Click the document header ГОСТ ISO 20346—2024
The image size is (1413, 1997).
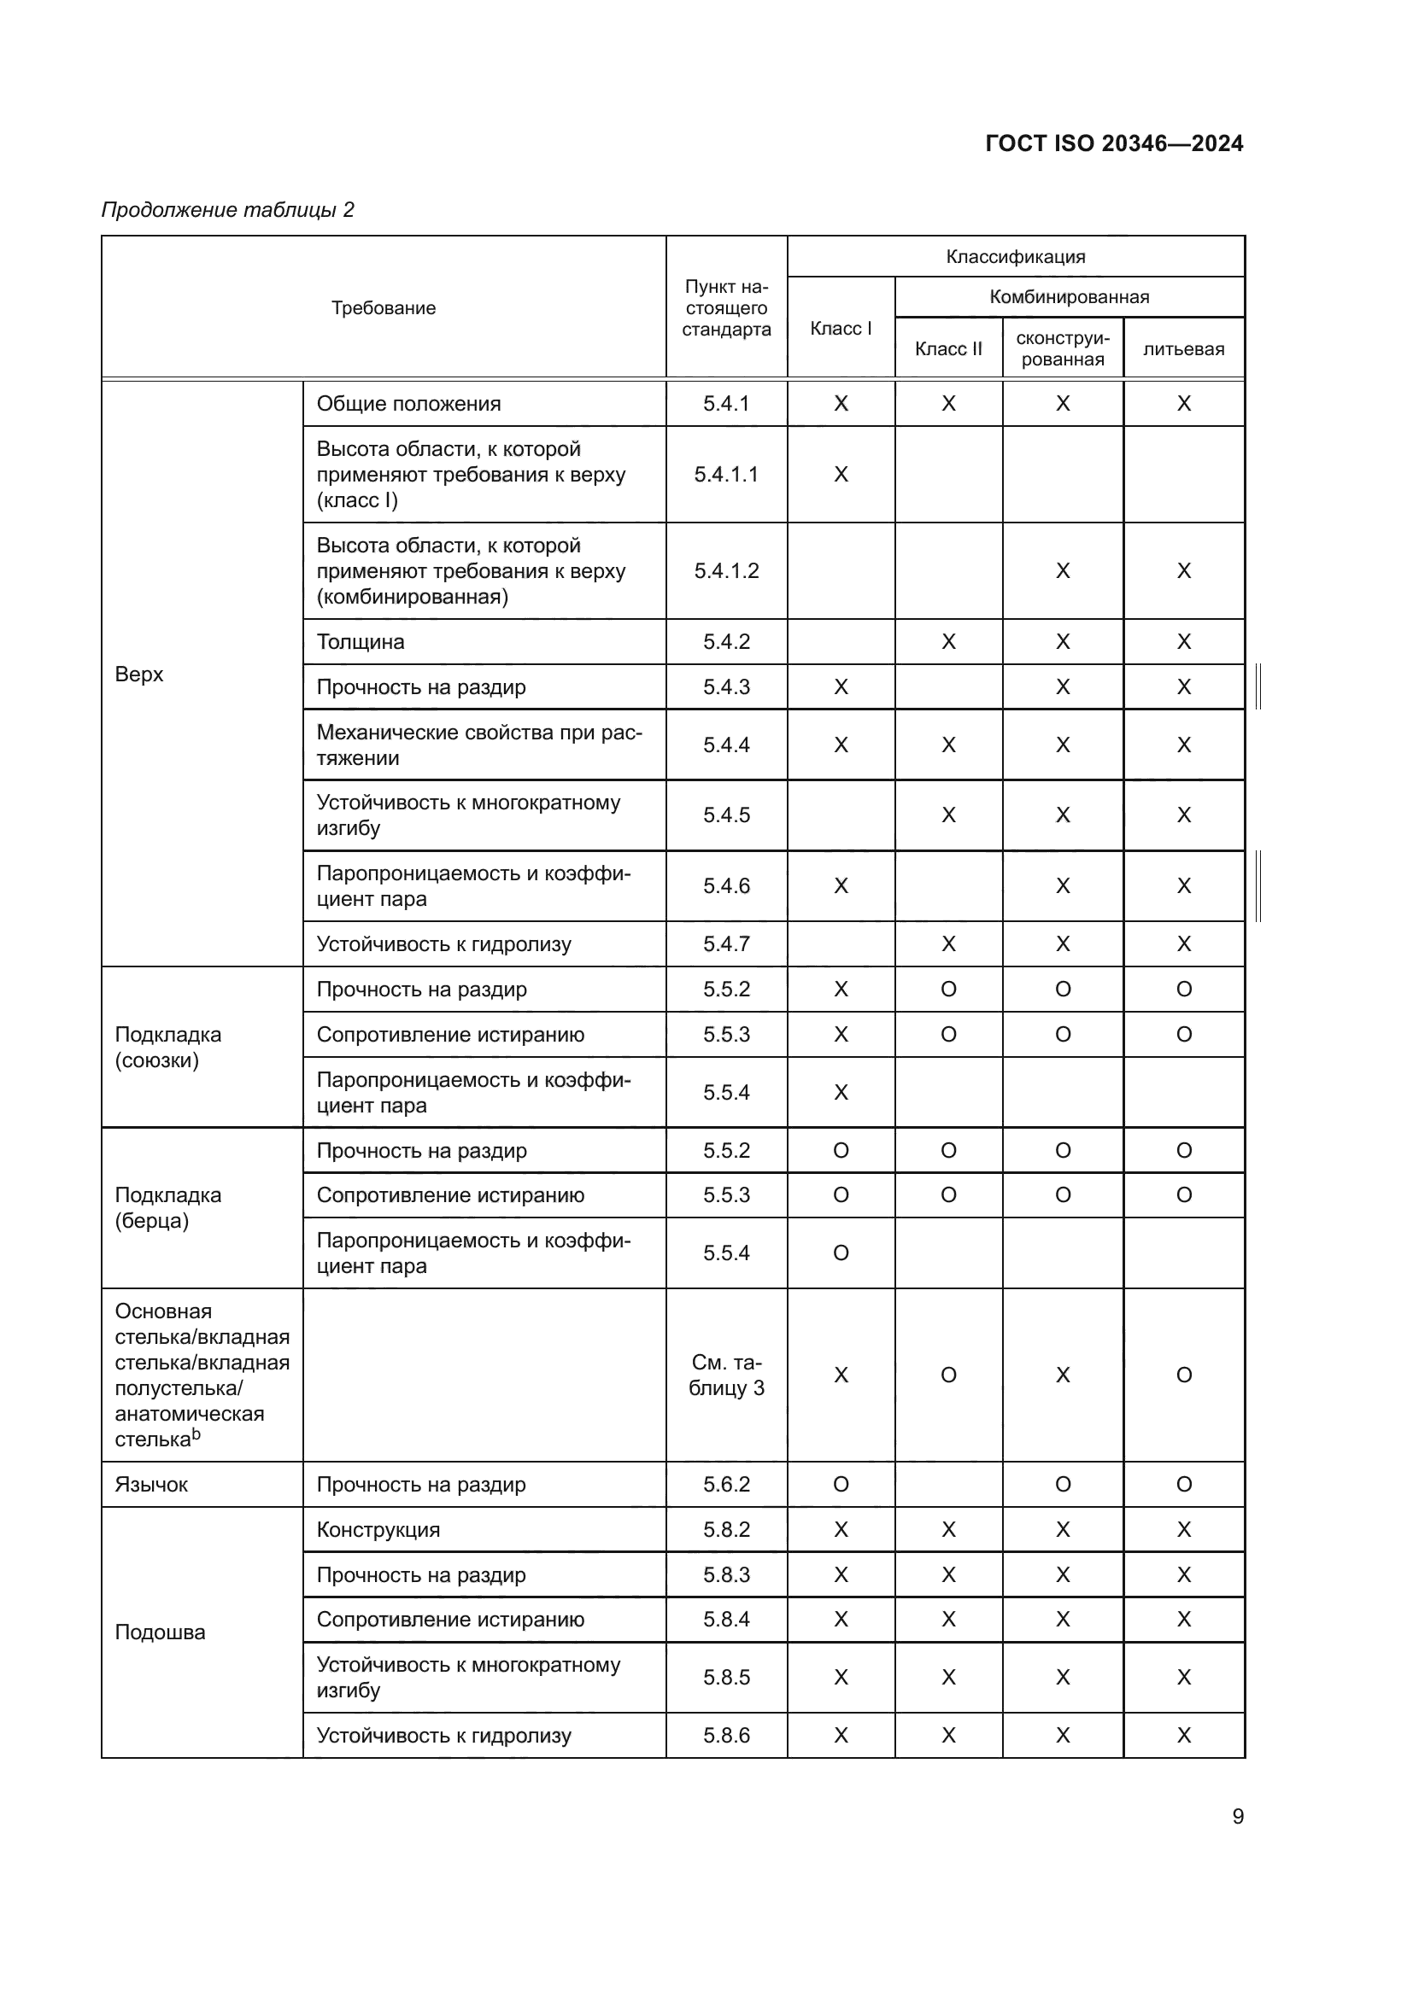tap(1114, 143)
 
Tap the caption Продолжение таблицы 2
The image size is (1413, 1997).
tap(228, 210)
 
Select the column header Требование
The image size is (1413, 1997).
tap(383, 308)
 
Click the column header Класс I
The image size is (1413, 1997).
tap(841, 328)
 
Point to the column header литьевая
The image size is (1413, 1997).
tap(1183, 349)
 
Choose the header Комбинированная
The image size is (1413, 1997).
tap(1069, 296)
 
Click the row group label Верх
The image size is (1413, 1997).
tap(139, 674)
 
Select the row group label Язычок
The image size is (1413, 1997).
tap(151, 1484)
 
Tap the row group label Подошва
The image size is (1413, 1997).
tap(160, 1632)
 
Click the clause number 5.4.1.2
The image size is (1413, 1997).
tap(726, 570)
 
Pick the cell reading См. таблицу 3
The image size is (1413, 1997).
tap(726, 1375)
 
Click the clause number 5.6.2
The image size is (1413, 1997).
tap(726, 1484)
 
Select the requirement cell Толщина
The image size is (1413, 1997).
tap(361, 642)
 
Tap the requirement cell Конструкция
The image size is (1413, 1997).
tap(378, 1529)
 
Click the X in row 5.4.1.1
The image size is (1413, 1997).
tap(841, 474)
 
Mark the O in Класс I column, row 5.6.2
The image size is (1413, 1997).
tap(841, 1484)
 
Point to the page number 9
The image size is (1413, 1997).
tap(1237, 1816)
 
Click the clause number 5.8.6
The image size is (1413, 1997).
tap(726, 1735)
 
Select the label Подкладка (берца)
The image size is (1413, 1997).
tap(168, 1207)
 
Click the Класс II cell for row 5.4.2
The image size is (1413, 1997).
tap(948, 642)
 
